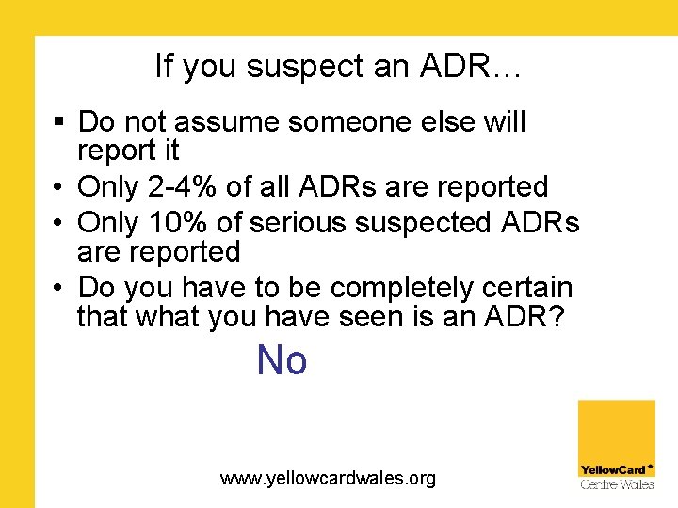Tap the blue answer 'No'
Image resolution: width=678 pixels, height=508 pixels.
tap(282, 360)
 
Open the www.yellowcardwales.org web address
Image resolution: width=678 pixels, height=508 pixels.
tap(328, 479)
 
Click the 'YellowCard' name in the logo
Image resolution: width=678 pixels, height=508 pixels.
tap(613, 469)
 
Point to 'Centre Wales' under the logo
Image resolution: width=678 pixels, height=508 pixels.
tap(617, 484)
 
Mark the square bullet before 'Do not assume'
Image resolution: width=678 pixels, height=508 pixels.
tap(58, 123)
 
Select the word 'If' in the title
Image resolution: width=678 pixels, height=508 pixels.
tap(164, 66)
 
